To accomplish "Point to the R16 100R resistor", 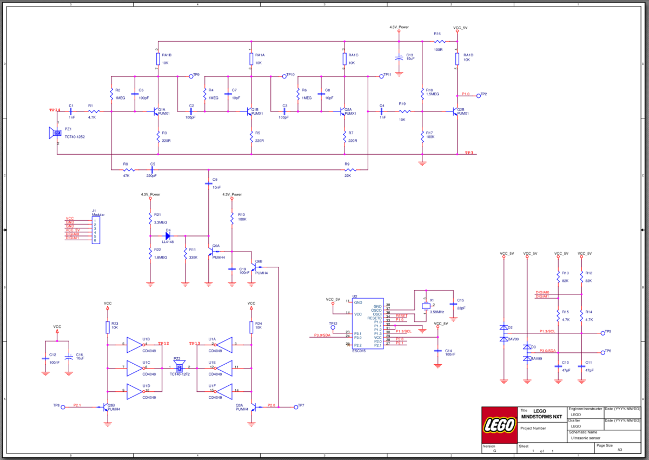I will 439,41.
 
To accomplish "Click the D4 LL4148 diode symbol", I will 168,235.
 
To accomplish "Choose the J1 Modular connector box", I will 96,230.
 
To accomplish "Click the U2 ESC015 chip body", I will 367,324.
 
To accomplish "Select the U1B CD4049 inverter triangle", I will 135,344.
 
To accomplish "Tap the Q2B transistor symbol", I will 454,111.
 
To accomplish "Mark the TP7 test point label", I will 301,405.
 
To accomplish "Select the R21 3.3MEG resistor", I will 150,218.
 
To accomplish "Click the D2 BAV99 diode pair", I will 504,333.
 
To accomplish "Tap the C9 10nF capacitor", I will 208,183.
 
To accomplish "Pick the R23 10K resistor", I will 108,327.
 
